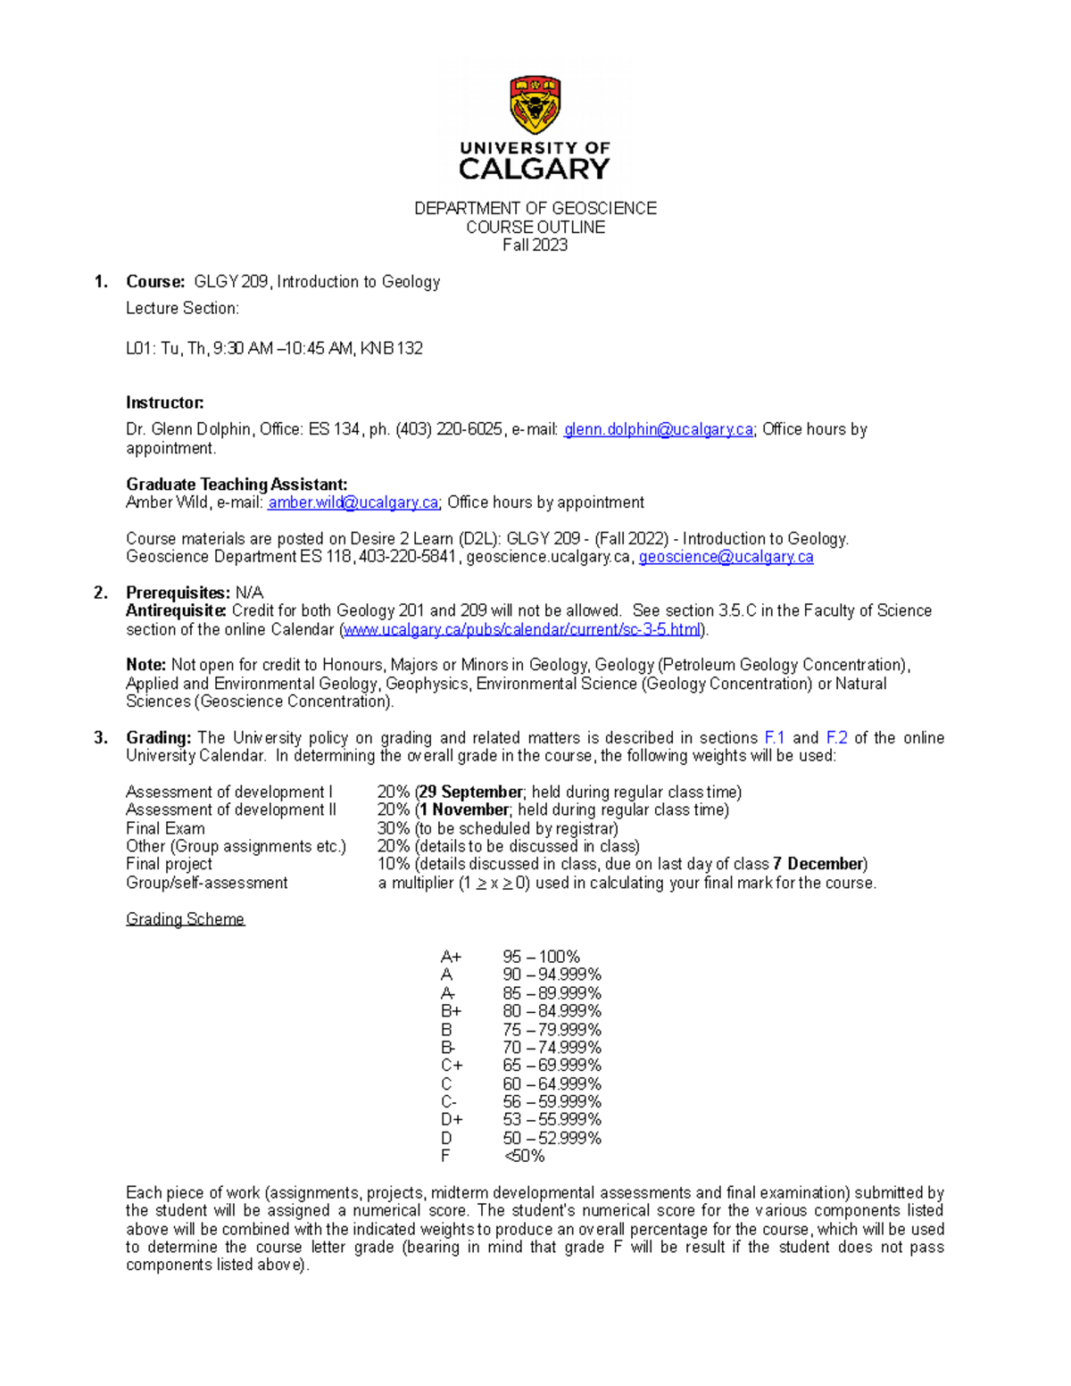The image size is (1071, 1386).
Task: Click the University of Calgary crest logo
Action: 535,104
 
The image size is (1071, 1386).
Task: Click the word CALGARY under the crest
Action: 535,169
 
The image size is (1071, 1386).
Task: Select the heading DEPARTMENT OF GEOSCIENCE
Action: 535,208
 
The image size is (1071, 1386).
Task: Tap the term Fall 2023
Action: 535,245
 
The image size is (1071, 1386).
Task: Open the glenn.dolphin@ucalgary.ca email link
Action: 659,429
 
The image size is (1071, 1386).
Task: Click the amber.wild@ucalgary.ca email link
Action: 353,502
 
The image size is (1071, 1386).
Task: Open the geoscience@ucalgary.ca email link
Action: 726,557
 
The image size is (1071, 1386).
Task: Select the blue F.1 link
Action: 775,737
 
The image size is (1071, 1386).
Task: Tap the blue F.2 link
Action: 836,737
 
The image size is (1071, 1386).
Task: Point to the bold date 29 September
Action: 470,792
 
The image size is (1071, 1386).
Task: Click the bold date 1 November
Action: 464,809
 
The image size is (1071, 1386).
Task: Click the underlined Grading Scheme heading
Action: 185,919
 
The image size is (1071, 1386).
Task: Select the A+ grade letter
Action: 451,957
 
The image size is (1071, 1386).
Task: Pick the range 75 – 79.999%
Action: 552,1029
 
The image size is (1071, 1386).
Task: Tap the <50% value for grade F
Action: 524,1156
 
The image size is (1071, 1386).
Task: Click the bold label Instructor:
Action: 165,403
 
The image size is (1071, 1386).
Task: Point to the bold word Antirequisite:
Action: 176,610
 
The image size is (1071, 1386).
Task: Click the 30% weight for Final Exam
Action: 393,828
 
